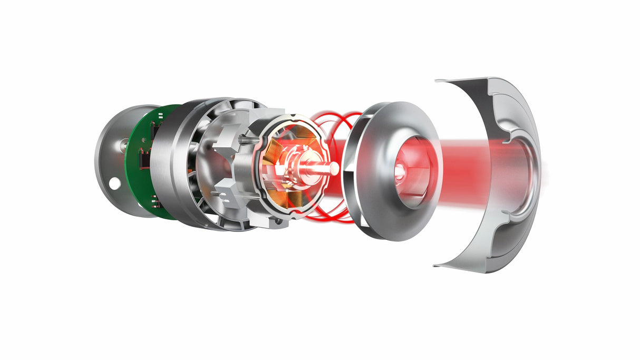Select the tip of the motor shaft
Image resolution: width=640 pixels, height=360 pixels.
point(335,168)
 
